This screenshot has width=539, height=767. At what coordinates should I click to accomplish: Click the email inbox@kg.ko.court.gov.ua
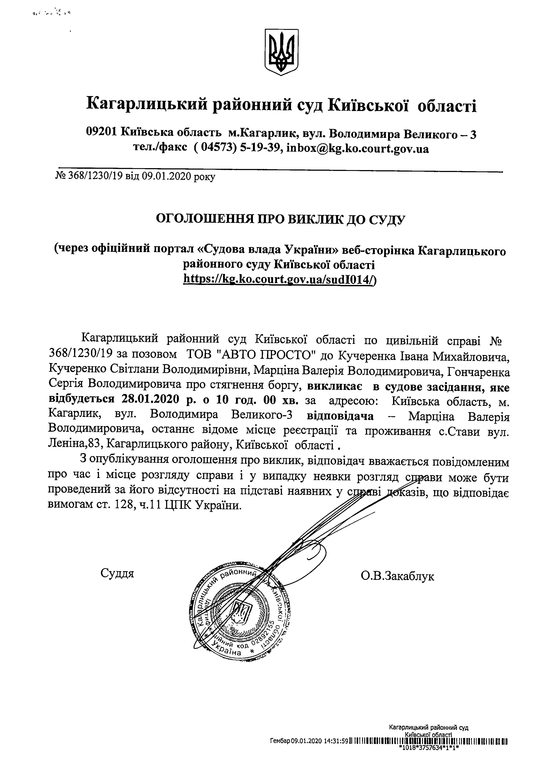tap(358, 148)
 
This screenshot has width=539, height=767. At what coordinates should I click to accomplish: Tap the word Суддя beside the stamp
tap(117, 574)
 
